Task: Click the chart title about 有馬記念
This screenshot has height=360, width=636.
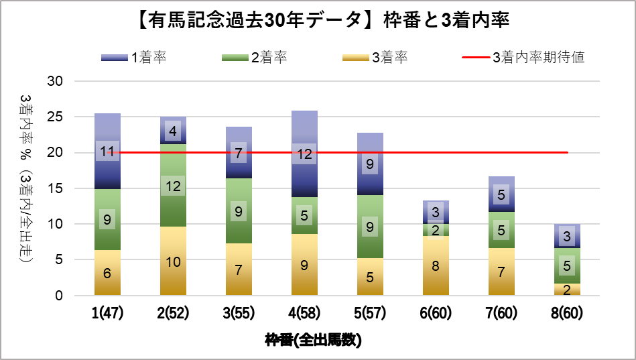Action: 317,21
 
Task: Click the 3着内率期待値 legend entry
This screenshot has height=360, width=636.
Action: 523,57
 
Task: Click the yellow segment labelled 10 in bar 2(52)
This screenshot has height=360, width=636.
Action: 173,261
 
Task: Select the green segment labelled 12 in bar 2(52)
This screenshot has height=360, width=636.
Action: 173,186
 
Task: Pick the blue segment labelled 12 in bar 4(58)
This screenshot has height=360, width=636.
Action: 305,154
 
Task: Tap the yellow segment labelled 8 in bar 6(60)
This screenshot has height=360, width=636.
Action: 436,265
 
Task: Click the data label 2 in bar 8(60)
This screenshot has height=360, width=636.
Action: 568,290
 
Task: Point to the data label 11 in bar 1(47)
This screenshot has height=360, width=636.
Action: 107,152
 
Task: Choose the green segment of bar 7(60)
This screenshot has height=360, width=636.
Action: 502,230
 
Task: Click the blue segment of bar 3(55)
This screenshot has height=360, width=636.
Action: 239,153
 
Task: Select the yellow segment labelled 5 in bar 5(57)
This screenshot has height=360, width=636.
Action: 371,276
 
